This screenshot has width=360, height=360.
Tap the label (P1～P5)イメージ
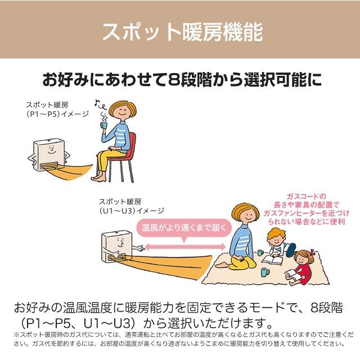57,114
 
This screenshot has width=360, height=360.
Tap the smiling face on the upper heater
49,149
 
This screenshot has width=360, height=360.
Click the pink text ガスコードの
307,196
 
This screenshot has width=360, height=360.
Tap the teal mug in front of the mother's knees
264,272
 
